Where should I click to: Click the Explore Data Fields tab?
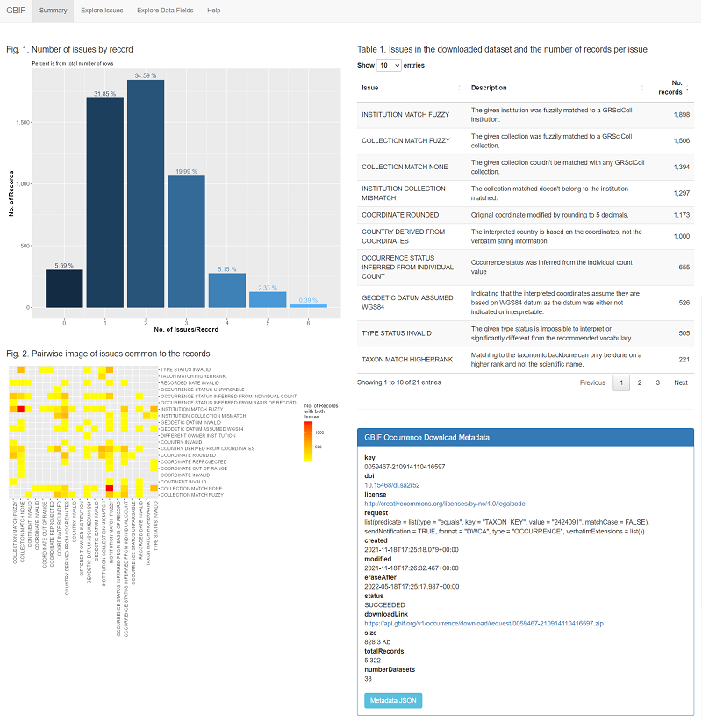click(x=164, y=10)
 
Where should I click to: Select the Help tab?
click(x=214, y=10)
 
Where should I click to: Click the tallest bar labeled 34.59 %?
click(x=145, y=193)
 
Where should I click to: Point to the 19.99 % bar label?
click(x=186, y=171)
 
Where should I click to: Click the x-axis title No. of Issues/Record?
click(x=186, y=328)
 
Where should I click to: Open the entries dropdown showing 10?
click(x=388, y=65)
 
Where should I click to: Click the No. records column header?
click(x=670, y=88)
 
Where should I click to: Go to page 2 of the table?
click(x=640, y=382)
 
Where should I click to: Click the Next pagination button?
click(x=680, y=382)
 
